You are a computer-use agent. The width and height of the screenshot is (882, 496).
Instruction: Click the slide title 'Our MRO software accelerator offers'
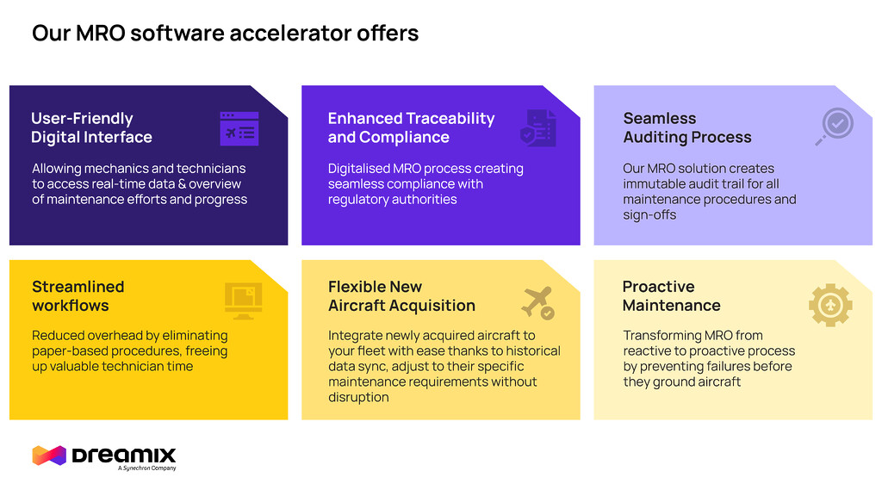click(x=225, y=34)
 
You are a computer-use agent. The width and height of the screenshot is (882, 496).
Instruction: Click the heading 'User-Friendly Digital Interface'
click(x=91, y=127)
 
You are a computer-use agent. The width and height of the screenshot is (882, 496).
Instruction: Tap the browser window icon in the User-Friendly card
click(x=239, y=128)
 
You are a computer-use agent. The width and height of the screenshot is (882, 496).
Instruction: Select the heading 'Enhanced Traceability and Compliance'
click(x=411, y=127)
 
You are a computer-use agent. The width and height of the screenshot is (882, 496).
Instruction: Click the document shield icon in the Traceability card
click(x=537, y=128)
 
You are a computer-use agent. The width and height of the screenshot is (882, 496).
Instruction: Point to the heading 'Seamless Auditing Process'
click(x=686, y=127)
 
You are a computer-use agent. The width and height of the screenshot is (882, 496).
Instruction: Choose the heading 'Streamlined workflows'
click(x=78, y=295)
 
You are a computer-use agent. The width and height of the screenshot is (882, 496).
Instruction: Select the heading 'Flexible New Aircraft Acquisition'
click(x=401, y=295)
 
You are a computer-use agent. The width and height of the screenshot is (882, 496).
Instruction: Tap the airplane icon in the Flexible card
click(x=537, y=302)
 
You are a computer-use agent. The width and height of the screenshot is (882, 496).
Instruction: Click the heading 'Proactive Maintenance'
click(x=671, y=295)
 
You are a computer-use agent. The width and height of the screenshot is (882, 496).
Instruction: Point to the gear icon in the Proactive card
click(x=830, y=305)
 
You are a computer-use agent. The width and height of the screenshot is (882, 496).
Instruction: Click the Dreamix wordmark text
click(x=124, y=455)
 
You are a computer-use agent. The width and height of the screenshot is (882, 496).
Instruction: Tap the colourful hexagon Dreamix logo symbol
click(x=49, y=456)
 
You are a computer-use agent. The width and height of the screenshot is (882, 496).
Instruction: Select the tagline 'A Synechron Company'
click(x=146, y=468)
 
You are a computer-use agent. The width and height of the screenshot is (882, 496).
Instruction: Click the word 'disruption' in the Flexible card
click(x=358, y=397)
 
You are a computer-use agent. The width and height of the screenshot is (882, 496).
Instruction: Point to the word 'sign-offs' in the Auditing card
click(x=649, y=214)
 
